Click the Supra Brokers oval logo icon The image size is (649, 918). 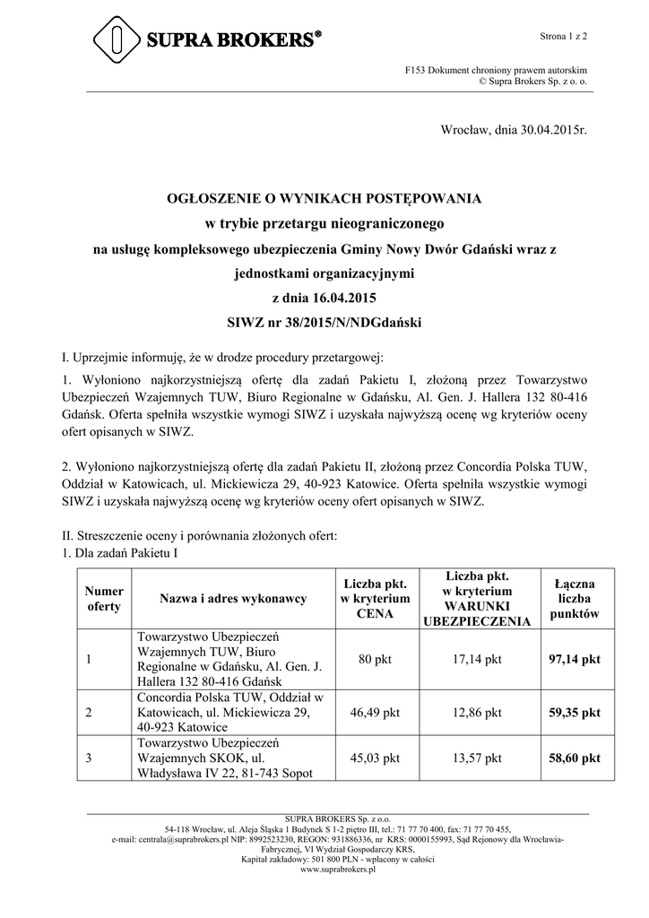pos(116,40)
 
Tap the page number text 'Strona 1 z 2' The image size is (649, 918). pos(563,36)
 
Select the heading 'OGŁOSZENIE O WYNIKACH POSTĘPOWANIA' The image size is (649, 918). pos(324,197)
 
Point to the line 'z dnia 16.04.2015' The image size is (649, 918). pos(324,296)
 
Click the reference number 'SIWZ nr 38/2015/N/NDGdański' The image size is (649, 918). pos(324,321)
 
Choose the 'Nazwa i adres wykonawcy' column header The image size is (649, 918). pos(233,599)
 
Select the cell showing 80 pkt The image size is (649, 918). pos(375,660)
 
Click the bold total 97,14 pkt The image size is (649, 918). pos(574,660)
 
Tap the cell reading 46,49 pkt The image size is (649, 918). pos(375,713)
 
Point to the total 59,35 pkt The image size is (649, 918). pos(574,713)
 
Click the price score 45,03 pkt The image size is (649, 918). pos(375,758)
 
